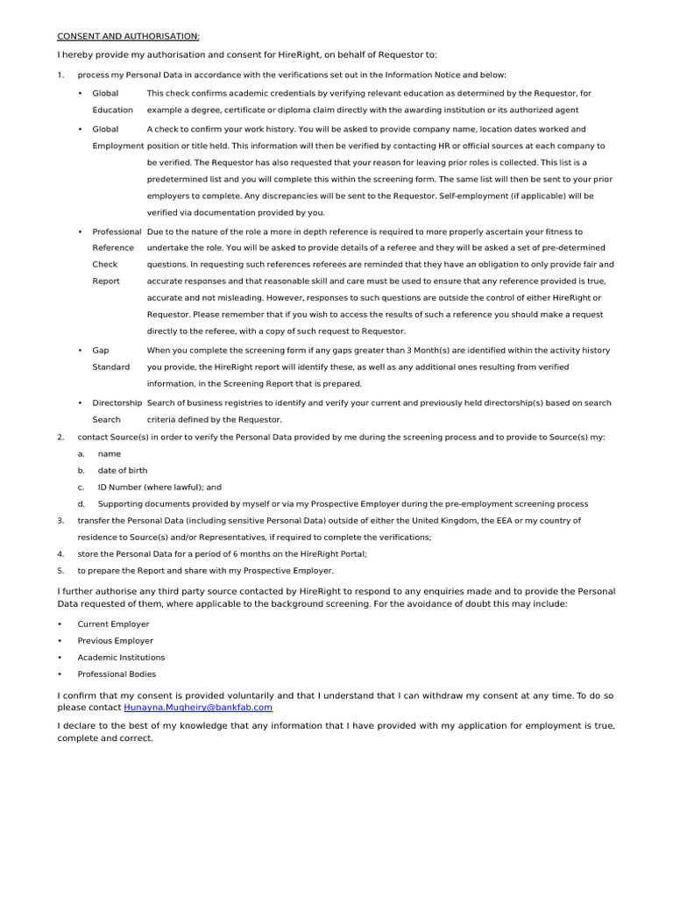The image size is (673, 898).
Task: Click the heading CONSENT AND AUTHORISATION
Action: (128, 36)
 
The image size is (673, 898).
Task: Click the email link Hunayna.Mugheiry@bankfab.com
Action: (198, 706)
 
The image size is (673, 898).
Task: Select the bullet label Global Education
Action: (112, 101)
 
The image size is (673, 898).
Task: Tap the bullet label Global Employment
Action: (117, 137)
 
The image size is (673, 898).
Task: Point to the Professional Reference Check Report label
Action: (116, 256)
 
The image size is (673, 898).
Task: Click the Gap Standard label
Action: (110, 358)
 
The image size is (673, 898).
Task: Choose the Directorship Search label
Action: (117, 411)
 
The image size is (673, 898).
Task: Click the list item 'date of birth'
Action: (123, 470)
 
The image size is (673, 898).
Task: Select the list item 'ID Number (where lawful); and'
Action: (159, 487)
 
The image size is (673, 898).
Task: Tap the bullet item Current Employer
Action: (113, 624)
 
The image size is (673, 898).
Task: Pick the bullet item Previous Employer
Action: (115, 640)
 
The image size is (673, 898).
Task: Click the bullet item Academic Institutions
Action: (121, 657)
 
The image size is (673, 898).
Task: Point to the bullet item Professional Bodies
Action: (117, 673)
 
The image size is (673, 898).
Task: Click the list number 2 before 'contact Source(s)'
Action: (60, 437)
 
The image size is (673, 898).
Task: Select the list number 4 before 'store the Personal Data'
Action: (60, 553)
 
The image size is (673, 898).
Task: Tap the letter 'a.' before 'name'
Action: (81, 453)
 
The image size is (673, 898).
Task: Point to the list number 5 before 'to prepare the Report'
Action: (60, 570)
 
